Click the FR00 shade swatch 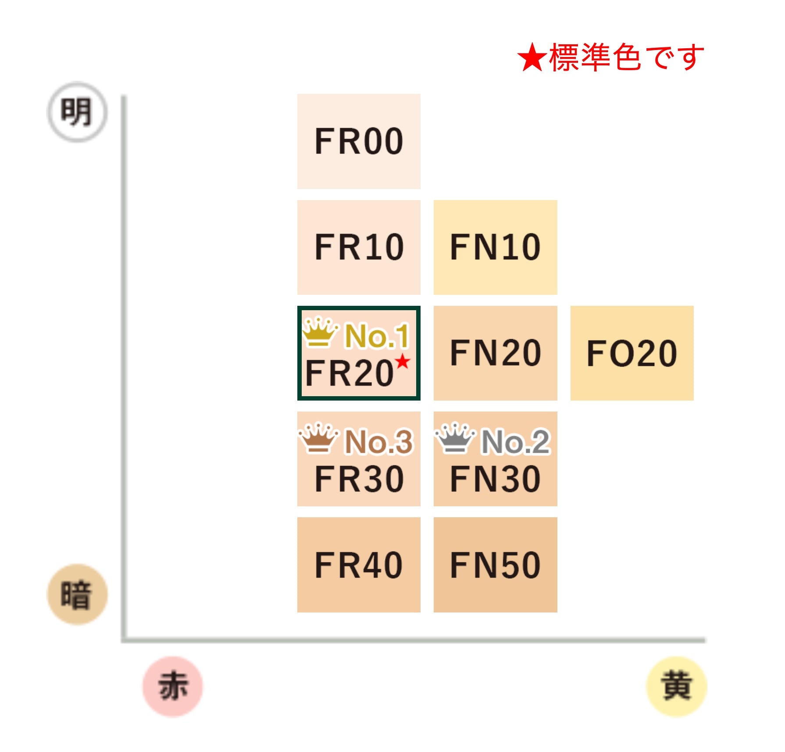359,141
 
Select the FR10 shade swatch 359,247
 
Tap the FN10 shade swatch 496,247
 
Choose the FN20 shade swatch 496,353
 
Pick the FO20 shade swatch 632,353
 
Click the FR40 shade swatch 359,565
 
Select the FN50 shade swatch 496,565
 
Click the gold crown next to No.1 321,332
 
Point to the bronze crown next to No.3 319,438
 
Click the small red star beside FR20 402,362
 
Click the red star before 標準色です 532,57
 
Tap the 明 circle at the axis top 77,112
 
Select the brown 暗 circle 77,594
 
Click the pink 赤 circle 173,686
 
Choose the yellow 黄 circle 677,686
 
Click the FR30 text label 359,479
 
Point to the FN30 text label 496,479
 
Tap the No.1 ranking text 377,336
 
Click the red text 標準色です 627,57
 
